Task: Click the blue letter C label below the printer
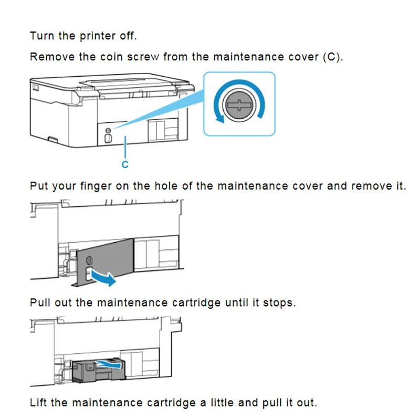[x=125, y=164]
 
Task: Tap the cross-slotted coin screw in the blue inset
[x=239, y=102]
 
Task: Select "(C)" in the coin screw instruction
[x=331, y=57]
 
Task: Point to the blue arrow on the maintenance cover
[x=103, y=278]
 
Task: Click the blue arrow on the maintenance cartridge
[x=110, y=362]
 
